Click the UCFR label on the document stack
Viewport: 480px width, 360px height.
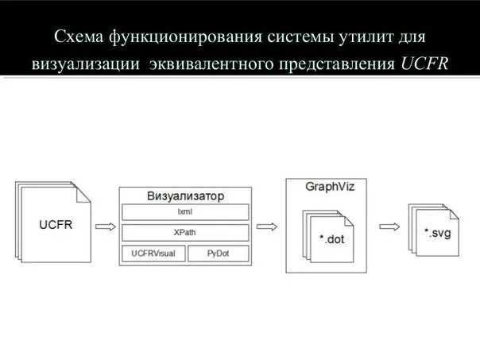click(55, 225)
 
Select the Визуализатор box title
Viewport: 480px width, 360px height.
click(185, 195)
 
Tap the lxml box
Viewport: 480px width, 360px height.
click(184, 212)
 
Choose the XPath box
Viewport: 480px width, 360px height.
click(184, 233)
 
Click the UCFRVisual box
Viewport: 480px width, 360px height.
click(153, 254)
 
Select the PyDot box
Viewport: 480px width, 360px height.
click(218, 254)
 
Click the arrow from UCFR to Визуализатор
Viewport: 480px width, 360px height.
click(105, 226)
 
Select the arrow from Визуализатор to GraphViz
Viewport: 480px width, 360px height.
click(268, 226)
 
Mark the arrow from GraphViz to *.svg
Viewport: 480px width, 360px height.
click(389, 226)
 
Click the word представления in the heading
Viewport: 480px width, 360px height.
click(333, 62)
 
